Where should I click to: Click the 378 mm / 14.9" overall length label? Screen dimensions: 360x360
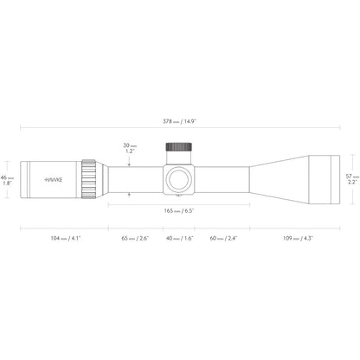click(x=179, y=121)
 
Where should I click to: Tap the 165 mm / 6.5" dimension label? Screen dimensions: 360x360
click(x=179, y=211)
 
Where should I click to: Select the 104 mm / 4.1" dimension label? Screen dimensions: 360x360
click(x=66, y=238)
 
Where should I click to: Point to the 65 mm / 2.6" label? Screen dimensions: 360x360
click(x=135, y=238)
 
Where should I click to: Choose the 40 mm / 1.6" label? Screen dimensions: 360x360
click(x=180, y=238)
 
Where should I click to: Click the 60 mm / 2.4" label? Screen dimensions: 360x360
click(x=223, y=238)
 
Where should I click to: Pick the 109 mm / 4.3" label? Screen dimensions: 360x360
click(x=298, y=238)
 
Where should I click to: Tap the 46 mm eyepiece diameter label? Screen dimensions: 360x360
click(x=7, y=177)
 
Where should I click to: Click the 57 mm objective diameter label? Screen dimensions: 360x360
click(x=352, y=177)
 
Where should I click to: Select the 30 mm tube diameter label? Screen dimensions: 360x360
click(x=130, y=145)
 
